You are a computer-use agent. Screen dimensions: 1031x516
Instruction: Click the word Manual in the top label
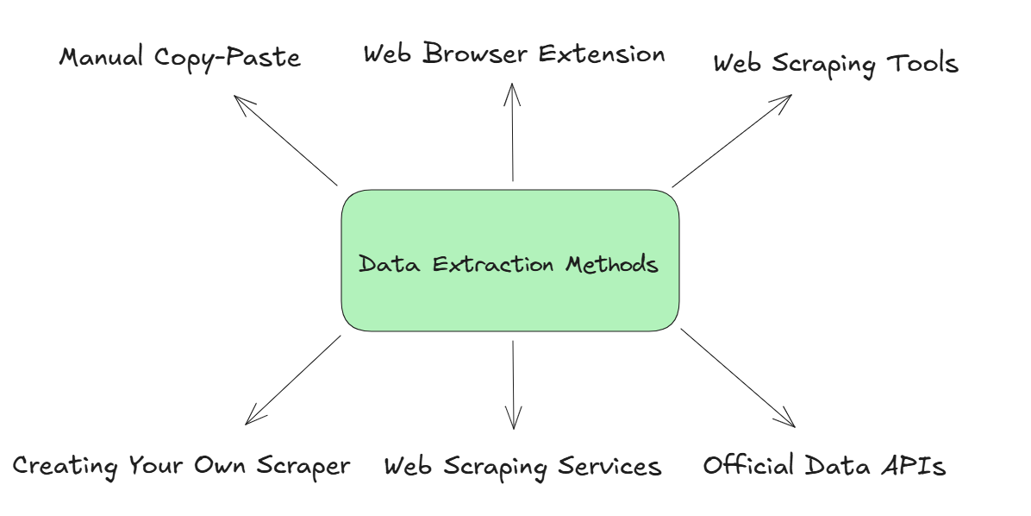(101, 57)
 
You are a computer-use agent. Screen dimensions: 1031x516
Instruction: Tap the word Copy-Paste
(228, 58)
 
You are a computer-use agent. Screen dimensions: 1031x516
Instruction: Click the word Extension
(602, 53)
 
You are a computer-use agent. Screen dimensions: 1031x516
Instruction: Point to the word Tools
(922, 64)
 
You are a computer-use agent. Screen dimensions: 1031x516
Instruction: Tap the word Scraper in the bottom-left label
(303, 467)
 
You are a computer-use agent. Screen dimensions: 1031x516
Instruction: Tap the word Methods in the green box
(611, 264)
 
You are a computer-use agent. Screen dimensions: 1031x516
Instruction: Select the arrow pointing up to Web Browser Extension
(512, 132)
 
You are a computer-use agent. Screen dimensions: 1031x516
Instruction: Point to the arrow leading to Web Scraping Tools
(732, 141)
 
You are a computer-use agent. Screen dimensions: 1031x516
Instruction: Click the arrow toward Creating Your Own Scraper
(293, 380)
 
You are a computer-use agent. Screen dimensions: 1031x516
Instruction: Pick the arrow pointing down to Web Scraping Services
(514, 385)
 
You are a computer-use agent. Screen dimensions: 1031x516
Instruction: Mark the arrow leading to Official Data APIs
(738, 378)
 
